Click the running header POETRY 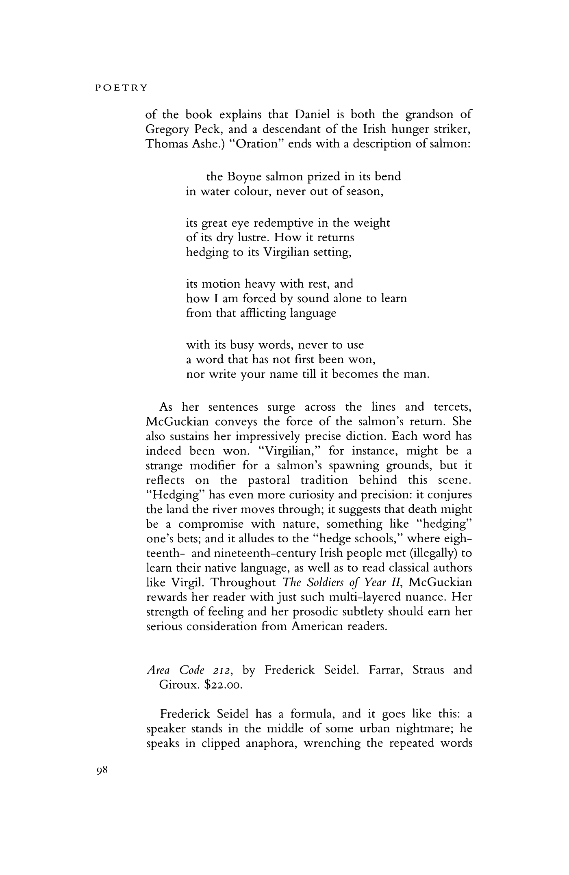(121, 88)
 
